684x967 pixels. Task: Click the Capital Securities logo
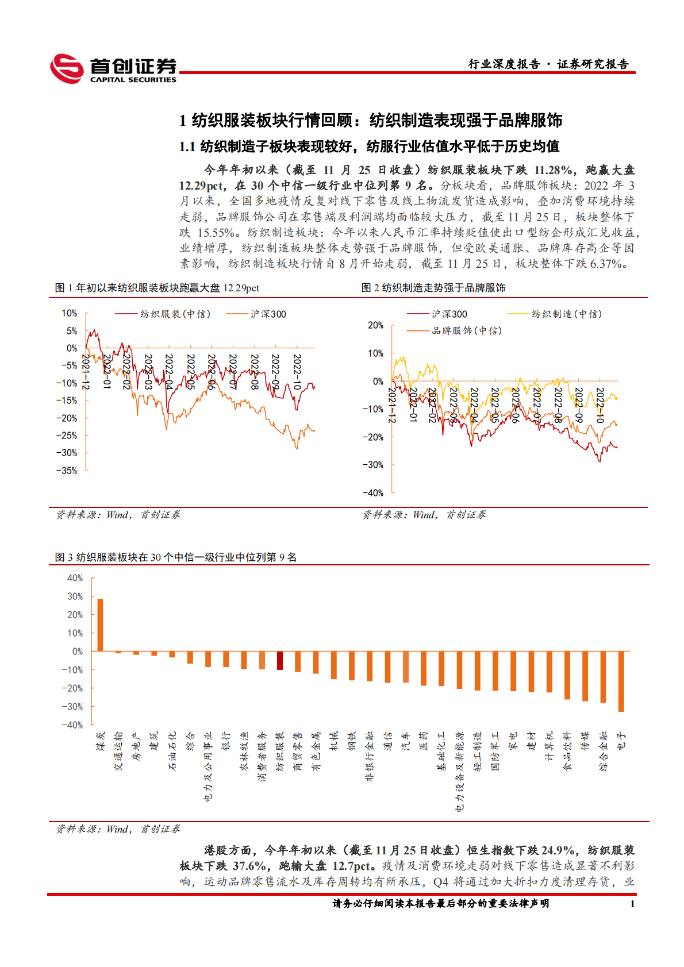(x=113, y=69)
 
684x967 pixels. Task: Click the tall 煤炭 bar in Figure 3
(x=100, y=625)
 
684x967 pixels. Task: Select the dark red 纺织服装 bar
(x=280, y=660)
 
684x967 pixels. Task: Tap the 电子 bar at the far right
(x=621, y=681)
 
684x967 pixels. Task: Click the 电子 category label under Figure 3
(x=621, y=741)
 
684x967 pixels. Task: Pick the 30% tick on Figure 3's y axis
(x=75, y=596)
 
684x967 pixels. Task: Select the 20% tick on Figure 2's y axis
(x=375, y=325)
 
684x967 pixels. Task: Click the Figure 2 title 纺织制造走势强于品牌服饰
(x=433, y=288)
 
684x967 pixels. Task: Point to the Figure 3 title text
(x=175, y=557)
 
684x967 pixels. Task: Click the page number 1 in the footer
(x=632, y=904)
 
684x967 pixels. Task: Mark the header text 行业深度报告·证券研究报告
(x=548, y=64)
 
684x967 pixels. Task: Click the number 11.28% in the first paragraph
(x=553, y=170)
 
